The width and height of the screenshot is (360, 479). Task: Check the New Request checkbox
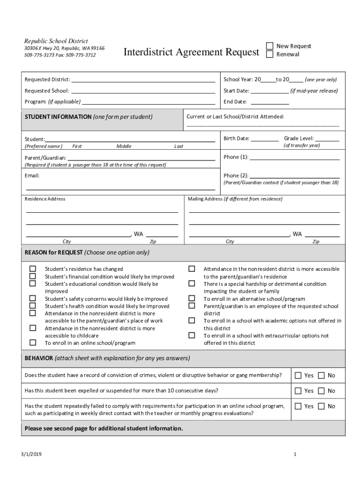270,46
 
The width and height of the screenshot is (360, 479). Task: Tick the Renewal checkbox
270,54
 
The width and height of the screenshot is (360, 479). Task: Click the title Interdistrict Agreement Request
191,52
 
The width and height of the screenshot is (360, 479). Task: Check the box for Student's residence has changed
33,269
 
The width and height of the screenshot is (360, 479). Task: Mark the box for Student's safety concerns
33,298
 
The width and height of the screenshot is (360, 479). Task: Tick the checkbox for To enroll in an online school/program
33,342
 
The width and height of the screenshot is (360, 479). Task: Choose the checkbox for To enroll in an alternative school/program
192,298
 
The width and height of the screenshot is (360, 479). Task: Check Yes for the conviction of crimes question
298,375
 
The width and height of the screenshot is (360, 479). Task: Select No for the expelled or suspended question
321,391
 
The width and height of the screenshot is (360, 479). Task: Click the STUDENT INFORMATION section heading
58,117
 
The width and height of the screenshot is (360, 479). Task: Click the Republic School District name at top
56,41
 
